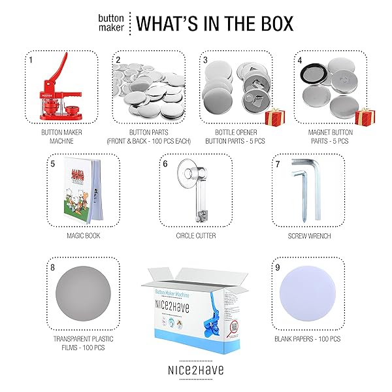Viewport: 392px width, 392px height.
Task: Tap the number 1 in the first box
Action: (x=30, y=59)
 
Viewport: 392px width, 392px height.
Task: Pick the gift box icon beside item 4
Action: (x=363, y=116)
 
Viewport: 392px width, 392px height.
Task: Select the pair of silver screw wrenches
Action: (x=303, y=189)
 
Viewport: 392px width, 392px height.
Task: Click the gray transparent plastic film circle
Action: (x=83, y=293)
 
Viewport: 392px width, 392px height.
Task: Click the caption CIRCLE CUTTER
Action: (x=195, y=235)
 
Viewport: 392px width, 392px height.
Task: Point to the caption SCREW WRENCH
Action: (x=308, y=235)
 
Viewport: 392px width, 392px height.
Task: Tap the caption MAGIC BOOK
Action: (x=83, y=235)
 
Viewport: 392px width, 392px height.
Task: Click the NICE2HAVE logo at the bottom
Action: (x=195, y=370)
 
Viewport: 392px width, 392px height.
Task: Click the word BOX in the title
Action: (x=275, y=24)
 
